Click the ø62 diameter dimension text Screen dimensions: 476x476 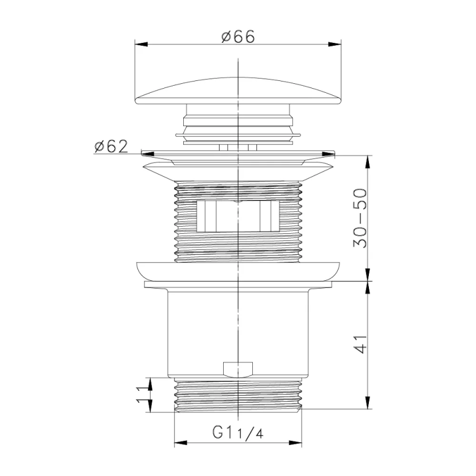point(111,146)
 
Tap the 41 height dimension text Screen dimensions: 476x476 point(358,344)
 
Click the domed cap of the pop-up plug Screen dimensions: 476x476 point(238,92)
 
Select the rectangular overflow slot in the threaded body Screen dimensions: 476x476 point(237,215)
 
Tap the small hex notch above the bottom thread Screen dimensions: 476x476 point(237,369)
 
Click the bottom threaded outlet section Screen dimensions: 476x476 point(238,394)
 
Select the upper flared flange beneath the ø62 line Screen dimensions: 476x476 point(238,170)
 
